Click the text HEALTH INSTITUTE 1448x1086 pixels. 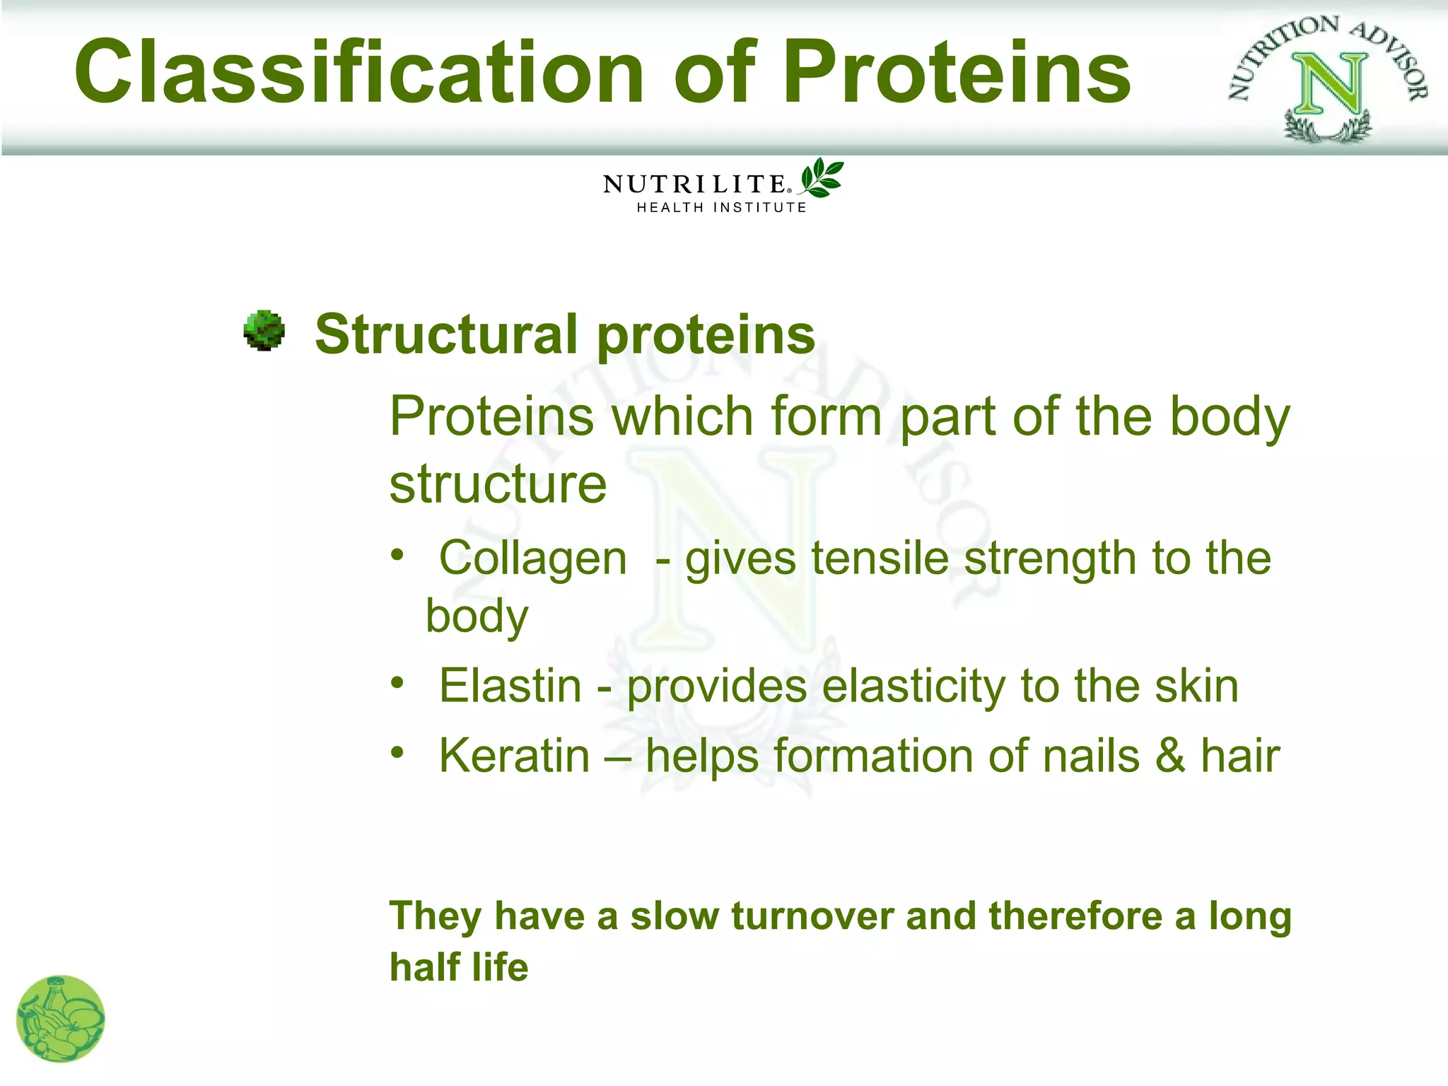pyautogui.click(x=721, y=208)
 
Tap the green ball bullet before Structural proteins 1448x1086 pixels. pyautogui.click(x=264, y=330)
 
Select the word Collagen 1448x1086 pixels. pyautogui.click(x=533, y=559)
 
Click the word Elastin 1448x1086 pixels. pyautogui.click(x=510, y=686)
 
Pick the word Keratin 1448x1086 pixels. pyautogui.click(x=514, y=756)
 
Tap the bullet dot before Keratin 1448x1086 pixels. pyautogui.click(x=398, y=752)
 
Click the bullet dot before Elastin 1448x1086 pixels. pyautogui.click(x=398, y=683)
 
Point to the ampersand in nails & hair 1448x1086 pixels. pyautogui.click(x=1170, y=756)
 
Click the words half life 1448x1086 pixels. pyautogui.click(x=459, y=967)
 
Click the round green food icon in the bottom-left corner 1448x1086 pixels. pyautogui.click(x=61, y=1019)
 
